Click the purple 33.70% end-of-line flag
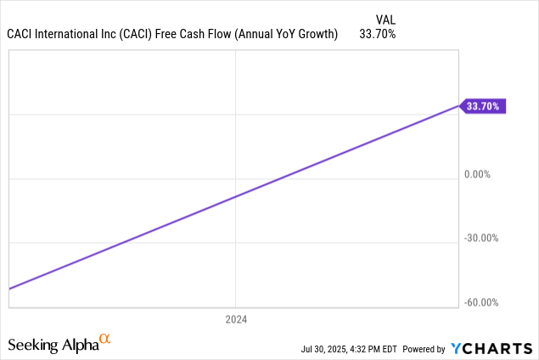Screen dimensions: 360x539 coord(484,106)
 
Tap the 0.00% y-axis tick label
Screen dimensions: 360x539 coord(478,174)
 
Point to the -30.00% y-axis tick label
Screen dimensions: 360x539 coord(480,238)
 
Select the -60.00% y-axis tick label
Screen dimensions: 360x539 coord(480,302)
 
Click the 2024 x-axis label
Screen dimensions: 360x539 coord(235,319)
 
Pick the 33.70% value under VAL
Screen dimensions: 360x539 coord(378,34)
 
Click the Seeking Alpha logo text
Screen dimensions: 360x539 coord(53,345)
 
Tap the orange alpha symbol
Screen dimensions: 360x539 coord(105,340)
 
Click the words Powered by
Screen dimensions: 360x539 coord(424,349)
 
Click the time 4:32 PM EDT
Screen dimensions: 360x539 coord(374,349)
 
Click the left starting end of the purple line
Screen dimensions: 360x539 coord(9,289)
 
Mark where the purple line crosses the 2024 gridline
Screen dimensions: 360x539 coord(235,196)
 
